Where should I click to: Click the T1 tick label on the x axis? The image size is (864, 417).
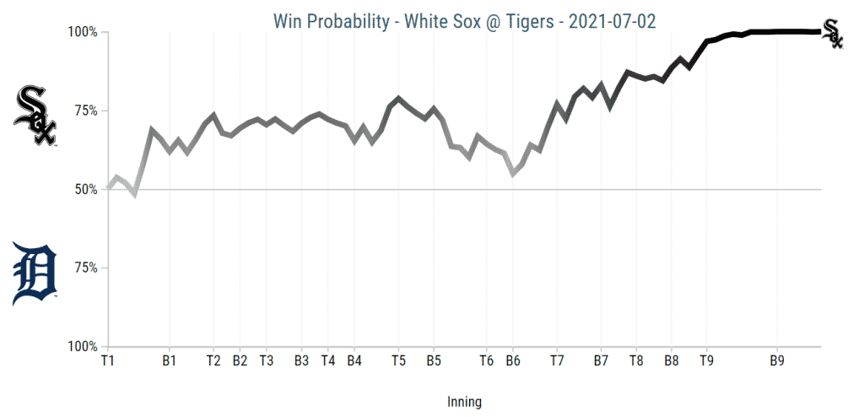pyautogui.click(x=107, y=360)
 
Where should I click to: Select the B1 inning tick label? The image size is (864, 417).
pyautogui.click(x=170, y=360)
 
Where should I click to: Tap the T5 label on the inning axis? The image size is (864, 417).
pyautogui.click(x=398, y=360)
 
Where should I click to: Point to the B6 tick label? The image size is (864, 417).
pyautogui.click(x=512, y=360)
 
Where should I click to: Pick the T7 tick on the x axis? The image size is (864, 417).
pyautogui.click(x=557, y=360)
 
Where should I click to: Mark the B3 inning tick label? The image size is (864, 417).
pyautogui.click(x=301, y=360)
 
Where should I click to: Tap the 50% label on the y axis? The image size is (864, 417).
pyautogui.click(x=85, y=189)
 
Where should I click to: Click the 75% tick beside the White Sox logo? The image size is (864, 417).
pyautogui.click(x=85, y=111)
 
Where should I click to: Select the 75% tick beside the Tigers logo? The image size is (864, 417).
pyautogui.click(x=85, y=268)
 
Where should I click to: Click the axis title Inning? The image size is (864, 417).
pyautogui.click(x=464, y=402)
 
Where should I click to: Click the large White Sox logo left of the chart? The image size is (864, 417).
pyautogui.click(x=35, y=116)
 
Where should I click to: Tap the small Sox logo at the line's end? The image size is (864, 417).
pyautogui.click(x=833, y=32)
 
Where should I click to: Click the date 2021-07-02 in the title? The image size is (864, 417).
pyautogui.click(x=613, y=19)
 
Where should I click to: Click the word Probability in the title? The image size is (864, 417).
pyautogui.click(x=354, y=19)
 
